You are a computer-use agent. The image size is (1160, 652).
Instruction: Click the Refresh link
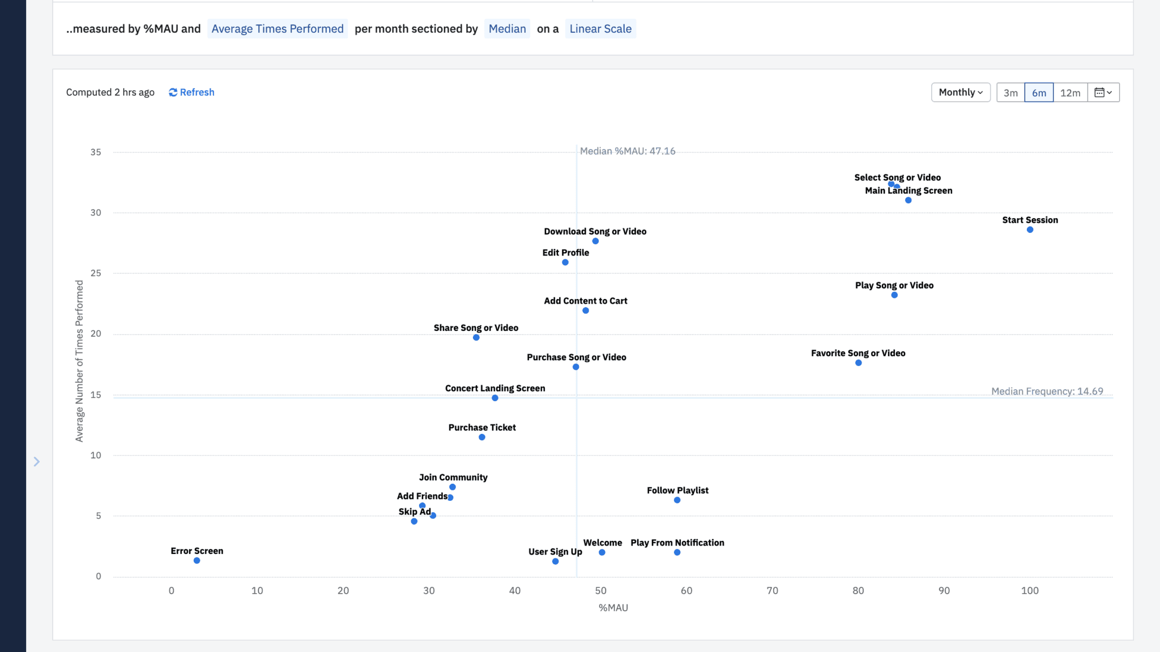pyautogui.click(x=191, y=92)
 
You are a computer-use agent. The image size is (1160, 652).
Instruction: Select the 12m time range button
pyautogui.click(x=1070, y=92)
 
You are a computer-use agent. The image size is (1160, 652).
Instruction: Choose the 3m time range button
pyautogui.click(x=1010, y=92)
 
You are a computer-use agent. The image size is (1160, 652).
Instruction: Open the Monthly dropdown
pyautogui.click(x=961, y=92)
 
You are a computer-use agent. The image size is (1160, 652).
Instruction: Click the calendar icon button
pyautogui.click(x=1103, y=92)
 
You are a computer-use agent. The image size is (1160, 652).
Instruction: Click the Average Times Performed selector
pyautogui.click(x=278, y=29)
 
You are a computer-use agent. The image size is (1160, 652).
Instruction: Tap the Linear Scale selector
pyautogui.click(x=600, y=29)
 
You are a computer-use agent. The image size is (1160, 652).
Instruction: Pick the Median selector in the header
pyautogui.click(x=507, y=29)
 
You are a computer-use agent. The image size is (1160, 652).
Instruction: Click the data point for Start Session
pyautogui.click(x=1030, y=230)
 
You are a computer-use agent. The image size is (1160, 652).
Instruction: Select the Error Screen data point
pyautogui.click(x=197, y=561)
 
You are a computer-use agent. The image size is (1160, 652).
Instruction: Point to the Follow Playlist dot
pyautogui.click(x=677, y=500)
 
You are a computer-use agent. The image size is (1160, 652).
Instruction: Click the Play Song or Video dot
pyautogui.click(x=894, y=295)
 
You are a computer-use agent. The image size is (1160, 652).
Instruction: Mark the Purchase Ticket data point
pyautogui.click(x=482, y=437)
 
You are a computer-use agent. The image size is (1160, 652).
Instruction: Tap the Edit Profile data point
pyautogui.click(x=565, y=262)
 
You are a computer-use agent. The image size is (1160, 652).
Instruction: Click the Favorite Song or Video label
pyautogui.click(x=858, y=353)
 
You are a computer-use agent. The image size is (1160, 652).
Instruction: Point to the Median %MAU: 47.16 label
pyautogui.click(x=628, y=151)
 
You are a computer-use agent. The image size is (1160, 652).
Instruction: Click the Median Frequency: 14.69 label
pyautogui.click(x=1047, y=391)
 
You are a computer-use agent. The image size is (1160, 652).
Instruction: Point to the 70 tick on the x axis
pyautogui.click(x=772, y=591)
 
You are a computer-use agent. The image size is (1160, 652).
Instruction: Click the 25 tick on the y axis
pyautogui.click(x=96, y=273)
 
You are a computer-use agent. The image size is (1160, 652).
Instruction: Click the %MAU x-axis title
pyautogui.click(x=613, y=608)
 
